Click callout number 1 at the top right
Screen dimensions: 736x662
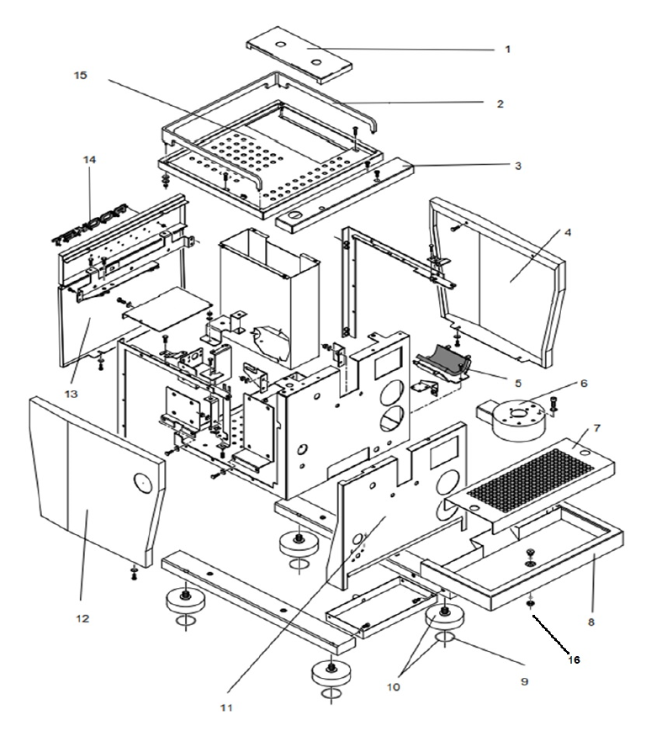pyautogui.click(x=507, y=50)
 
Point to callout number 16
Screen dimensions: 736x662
pyautogui.click(x=574, y=659)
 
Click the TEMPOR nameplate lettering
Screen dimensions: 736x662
pyautogui.click(x=89, y=223)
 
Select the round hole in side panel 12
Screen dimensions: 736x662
pyautogui.click(x=142, y=481)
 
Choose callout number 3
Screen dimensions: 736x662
pyautogui.click(x=518, y=167)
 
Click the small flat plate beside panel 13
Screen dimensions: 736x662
pyautogui.click(x=163, y=307)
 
